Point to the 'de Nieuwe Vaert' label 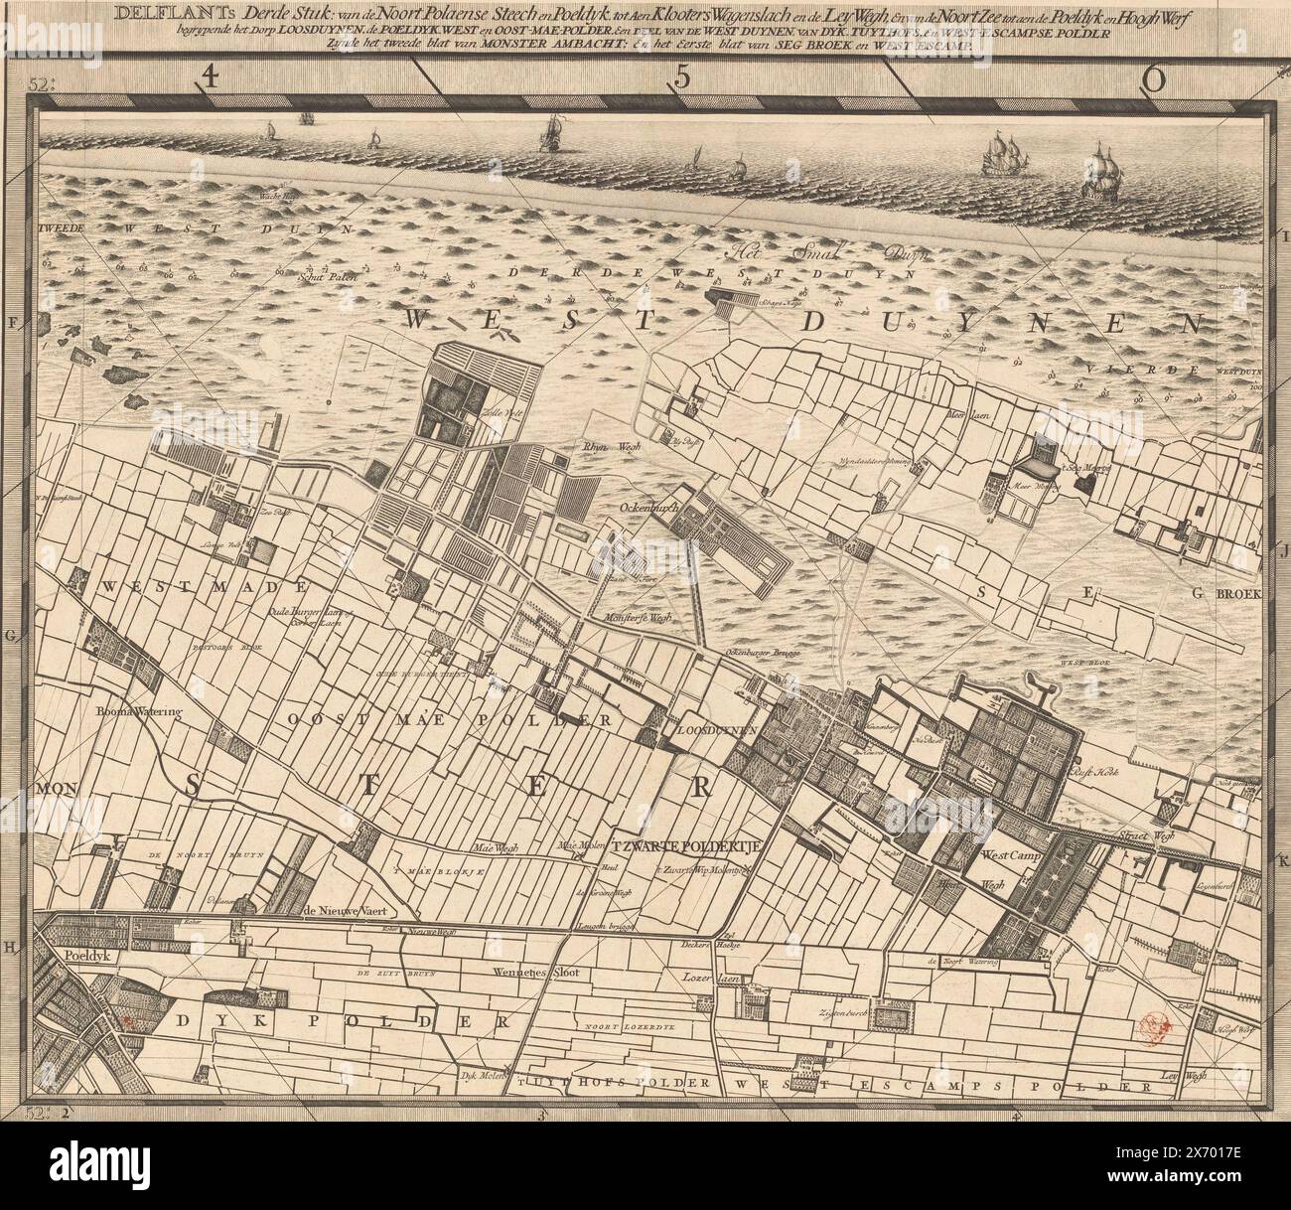pyautogui.click(x=343, y=910)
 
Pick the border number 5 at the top pyautogui.click(x=681, y=80)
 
